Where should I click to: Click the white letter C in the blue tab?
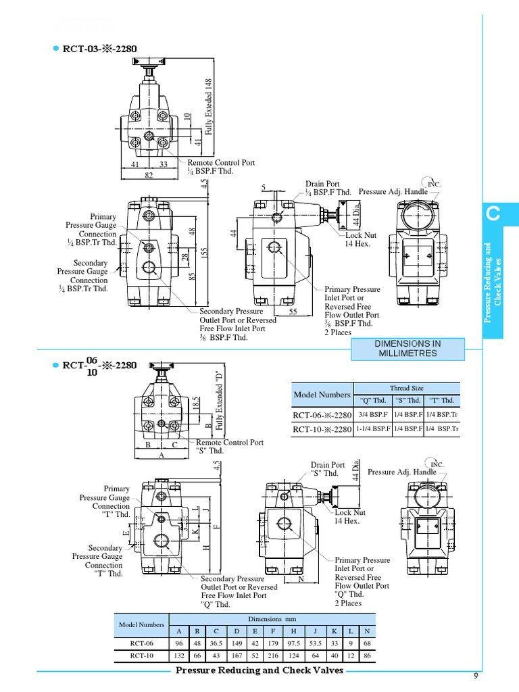tap(494, 216)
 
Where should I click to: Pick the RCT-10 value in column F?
tap(274, 656)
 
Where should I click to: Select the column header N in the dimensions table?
tap(367, 630)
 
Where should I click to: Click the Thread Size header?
tap(407, 389)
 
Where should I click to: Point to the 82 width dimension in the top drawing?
tap(149, 176)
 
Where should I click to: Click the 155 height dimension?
tap(203, 251)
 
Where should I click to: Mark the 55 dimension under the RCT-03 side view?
tap(293, 312)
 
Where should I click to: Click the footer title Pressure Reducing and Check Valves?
tap(259, 670)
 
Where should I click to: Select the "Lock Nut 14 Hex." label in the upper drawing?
tap(358, 239)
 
